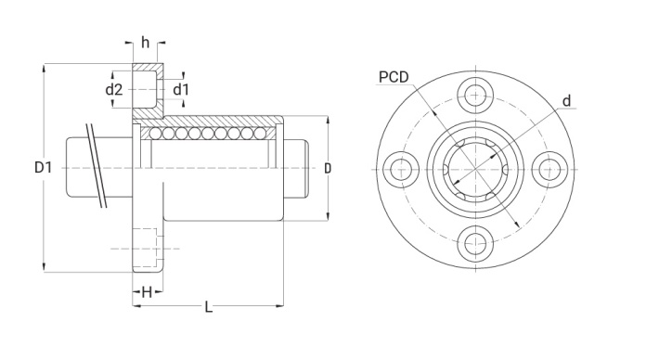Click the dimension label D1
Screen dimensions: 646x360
click(x=44, y=167)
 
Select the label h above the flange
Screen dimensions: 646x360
click(x=145, y=42)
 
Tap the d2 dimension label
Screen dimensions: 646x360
click(x=114, y=89)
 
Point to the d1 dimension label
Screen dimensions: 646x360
click(x=180, y=89)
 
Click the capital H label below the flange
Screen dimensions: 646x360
click(x=147, y=293)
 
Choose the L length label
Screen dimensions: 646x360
click(x=209, y=307)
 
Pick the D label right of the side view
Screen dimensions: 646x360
click(x=328, y=168)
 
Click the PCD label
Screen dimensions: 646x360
click(x=394, y=77)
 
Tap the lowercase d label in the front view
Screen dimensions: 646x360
click(x=567, y=101)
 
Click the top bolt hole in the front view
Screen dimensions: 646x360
click(x=476, y=96)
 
